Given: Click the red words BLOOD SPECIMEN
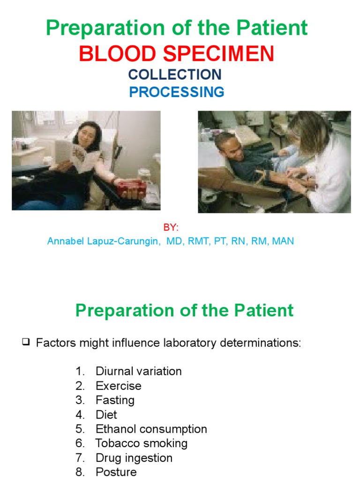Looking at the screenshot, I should pos(176,54).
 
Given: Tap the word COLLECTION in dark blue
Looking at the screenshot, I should pos(175,75).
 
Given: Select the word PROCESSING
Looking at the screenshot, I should pos(177,92).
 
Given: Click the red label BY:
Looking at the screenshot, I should pos(171,227).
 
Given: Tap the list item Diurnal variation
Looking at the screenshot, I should pos(138,371).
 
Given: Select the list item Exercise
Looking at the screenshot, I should pos(118,386).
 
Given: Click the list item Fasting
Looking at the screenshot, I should pos(115,400).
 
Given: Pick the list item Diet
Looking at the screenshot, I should pos(106,415).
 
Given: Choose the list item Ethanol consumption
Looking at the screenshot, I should pos(151,429).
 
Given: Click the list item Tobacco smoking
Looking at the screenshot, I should pos(141,443).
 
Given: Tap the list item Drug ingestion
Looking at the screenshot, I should pos(134,458).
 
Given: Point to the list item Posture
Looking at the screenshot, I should pos(116,472).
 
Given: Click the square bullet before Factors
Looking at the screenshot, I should pos(26,343).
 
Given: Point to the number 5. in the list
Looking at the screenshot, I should pos(80,429).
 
